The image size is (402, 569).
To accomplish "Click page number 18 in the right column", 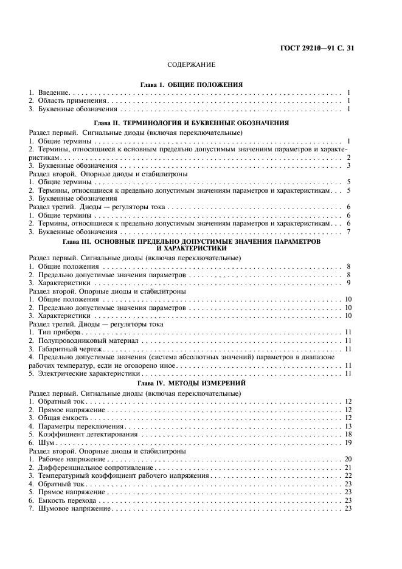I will click(x=348, y=435).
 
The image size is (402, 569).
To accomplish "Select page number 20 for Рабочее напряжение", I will click(x=348, y=459).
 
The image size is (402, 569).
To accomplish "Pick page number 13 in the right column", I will click(x=348, y=426).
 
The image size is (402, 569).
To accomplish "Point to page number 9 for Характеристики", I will click(x=350, y=283).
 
